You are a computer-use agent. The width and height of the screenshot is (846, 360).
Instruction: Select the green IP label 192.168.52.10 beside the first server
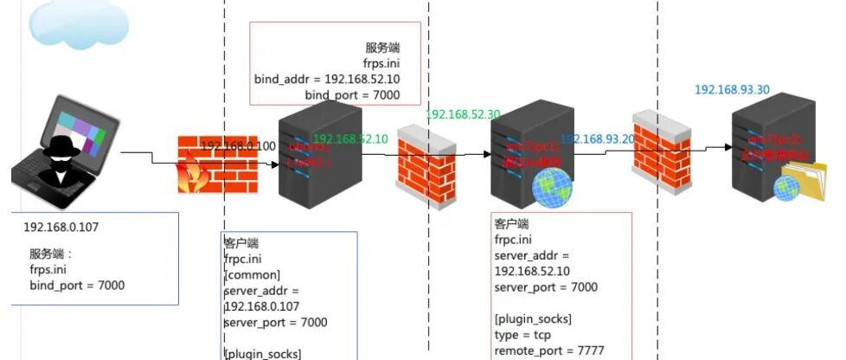(351, 138)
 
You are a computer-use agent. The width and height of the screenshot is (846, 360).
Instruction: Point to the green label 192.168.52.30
(463, 114)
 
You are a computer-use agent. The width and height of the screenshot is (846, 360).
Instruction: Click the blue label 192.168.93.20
(598, 138)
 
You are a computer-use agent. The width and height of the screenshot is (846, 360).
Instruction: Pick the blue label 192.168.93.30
(733, 89)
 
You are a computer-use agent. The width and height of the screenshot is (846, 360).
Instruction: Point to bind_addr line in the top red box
(327, 79)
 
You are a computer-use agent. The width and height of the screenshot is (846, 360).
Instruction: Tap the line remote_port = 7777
(548, 351)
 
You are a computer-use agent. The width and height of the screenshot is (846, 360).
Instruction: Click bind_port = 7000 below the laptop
(77, 285)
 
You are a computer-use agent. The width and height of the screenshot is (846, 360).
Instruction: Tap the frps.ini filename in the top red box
(381, 63)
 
